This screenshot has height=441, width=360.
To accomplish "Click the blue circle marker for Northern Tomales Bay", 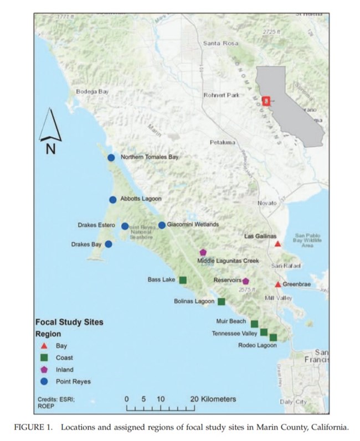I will point(111,158).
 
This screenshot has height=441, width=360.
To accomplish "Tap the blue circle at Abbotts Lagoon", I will point(113,200).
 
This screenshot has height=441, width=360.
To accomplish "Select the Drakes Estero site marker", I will point(125,226).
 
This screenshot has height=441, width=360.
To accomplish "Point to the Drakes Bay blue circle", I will point(109,244).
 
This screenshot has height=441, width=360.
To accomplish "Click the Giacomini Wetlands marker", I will point(162,225).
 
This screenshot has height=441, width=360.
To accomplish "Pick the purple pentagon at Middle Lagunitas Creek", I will point(203,252).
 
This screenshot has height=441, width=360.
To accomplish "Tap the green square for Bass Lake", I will point(183,279).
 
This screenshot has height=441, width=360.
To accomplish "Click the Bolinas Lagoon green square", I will point(222,302).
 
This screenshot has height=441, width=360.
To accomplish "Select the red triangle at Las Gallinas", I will point(278,243).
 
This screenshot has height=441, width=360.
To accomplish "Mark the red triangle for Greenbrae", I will point(278,284).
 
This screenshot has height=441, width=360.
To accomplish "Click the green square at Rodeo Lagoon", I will point(273,337).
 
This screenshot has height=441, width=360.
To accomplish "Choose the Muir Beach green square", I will point(254,324).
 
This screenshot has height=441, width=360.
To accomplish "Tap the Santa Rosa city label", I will point(220,43).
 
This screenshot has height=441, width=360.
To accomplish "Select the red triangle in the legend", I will point(45,345).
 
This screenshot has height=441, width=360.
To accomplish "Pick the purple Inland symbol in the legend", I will point(45,369).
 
